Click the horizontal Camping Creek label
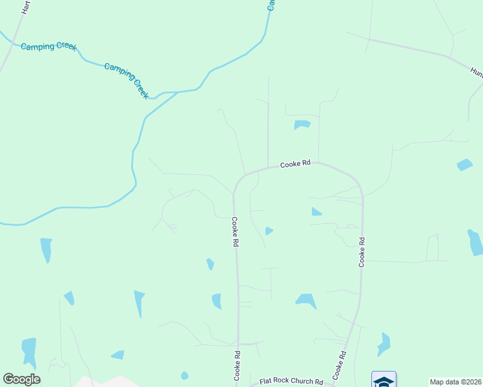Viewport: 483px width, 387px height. click(48, 47)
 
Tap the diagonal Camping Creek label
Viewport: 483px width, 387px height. click(127, 80)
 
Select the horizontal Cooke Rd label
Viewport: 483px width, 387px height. click(296, 165)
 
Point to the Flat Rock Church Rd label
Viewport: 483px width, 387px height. click(291, 382)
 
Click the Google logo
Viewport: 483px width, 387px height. click(21, 379)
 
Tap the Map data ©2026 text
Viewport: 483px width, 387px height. click(456, 382)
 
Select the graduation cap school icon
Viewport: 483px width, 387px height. click(384, 380)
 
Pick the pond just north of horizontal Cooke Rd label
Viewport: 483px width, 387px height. click(302, 124)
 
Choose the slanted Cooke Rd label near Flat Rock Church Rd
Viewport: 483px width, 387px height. click(340, 365)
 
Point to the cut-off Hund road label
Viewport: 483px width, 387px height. click(476, 73)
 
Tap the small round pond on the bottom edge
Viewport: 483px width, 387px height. click(185, 375)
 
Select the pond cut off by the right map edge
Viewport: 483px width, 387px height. click(476, 243)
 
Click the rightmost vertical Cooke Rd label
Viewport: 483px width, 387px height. click(362, 252)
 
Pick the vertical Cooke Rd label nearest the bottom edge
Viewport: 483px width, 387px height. click(237, 364)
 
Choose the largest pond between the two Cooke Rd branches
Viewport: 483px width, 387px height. click(305, 300)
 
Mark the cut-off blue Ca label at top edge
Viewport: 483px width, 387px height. click(272, 5)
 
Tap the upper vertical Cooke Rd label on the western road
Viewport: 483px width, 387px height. click(236, 232)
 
